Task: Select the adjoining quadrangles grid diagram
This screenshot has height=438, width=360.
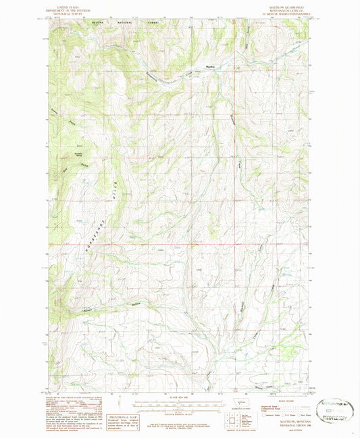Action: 232,420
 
